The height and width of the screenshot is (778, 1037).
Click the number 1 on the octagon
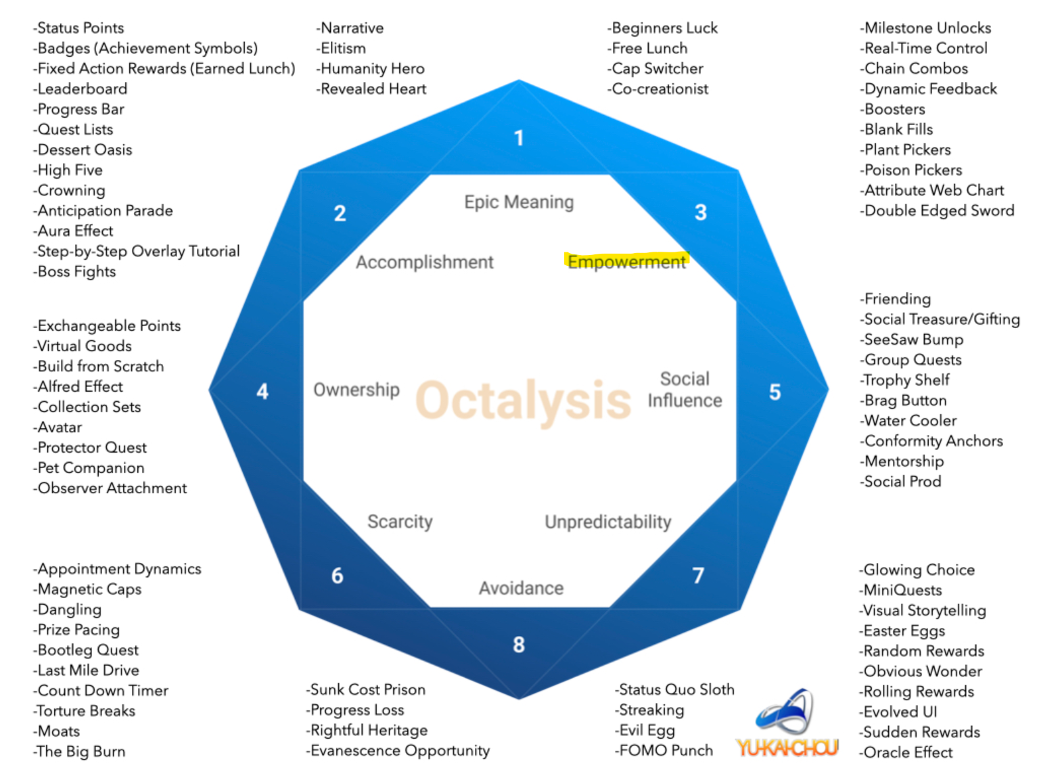click(519, 138)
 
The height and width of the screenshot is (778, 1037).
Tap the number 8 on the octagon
click(519, 644)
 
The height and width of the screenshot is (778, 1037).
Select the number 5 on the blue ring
click(775, 392)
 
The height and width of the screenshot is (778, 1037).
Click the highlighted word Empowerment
click(626, 262)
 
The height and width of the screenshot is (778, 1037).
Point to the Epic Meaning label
click(519, 202)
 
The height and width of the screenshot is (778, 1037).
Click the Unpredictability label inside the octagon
click(607, 522)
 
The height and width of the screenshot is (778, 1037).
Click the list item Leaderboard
click(80, 89)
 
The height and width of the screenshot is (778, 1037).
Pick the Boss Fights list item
click(74, 271)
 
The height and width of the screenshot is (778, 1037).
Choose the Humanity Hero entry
click(371, 69)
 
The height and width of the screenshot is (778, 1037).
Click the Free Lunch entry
click(647, 48)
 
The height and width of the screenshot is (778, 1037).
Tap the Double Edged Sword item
click(937, 210)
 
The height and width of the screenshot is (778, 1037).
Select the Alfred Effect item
click(78, 387)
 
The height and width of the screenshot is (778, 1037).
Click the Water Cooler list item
click(908, 421)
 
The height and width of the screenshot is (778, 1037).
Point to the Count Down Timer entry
click(101, 691)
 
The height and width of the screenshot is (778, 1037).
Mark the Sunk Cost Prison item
click(366, 689)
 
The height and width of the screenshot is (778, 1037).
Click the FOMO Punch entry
click(664, 751)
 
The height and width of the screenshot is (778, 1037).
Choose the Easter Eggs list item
click(902, 631)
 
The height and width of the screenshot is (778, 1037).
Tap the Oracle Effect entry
click(906, 752)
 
